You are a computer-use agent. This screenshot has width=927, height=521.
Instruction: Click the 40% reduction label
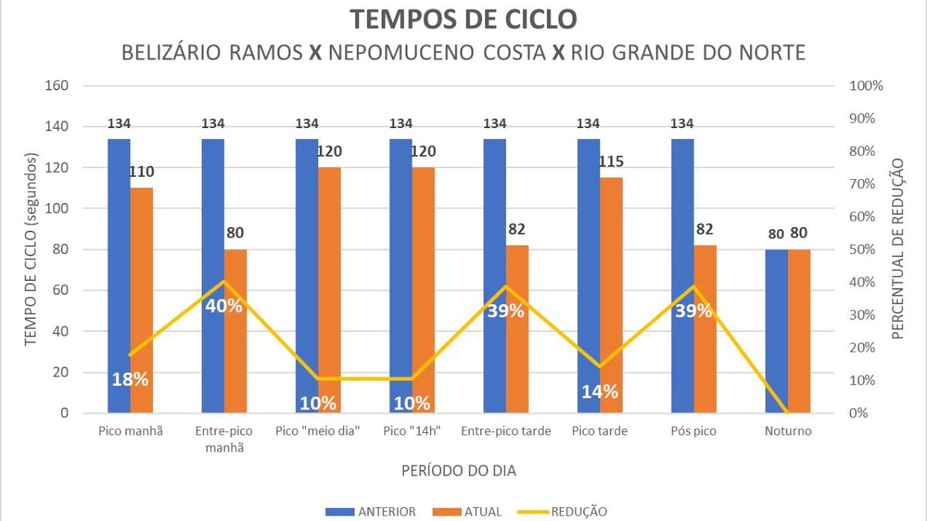224,306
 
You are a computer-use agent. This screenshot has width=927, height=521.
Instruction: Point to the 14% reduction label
599,391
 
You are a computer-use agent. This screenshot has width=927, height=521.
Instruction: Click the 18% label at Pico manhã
130,379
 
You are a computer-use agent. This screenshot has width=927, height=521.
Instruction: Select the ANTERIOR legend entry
370,511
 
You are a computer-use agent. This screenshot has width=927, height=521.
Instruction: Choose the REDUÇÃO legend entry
568,511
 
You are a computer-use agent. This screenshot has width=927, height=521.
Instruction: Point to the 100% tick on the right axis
866,86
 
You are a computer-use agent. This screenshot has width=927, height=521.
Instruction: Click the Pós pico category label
694,431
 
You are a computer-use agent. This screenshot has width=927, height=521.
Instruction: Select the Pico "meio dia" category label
318,431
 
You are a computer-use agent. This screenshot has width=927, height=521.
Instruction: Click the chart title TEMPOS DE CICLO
463,19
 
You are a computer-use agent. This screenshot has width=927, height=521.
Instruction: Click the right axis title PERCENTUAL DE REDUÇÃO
898,249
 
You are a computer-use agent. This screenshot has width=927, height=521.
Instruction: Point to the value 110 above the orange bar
141,171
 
